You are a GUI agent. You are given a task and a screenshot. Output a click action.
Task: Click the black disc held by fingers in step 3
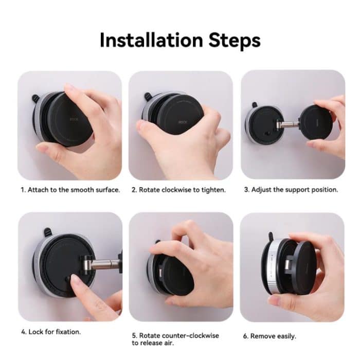314,123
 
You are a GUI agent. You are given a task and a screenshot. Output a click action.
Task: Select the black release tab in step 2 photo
148,96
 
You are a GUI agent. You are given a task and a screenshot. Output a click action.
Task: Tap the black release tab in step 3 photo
254,105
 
